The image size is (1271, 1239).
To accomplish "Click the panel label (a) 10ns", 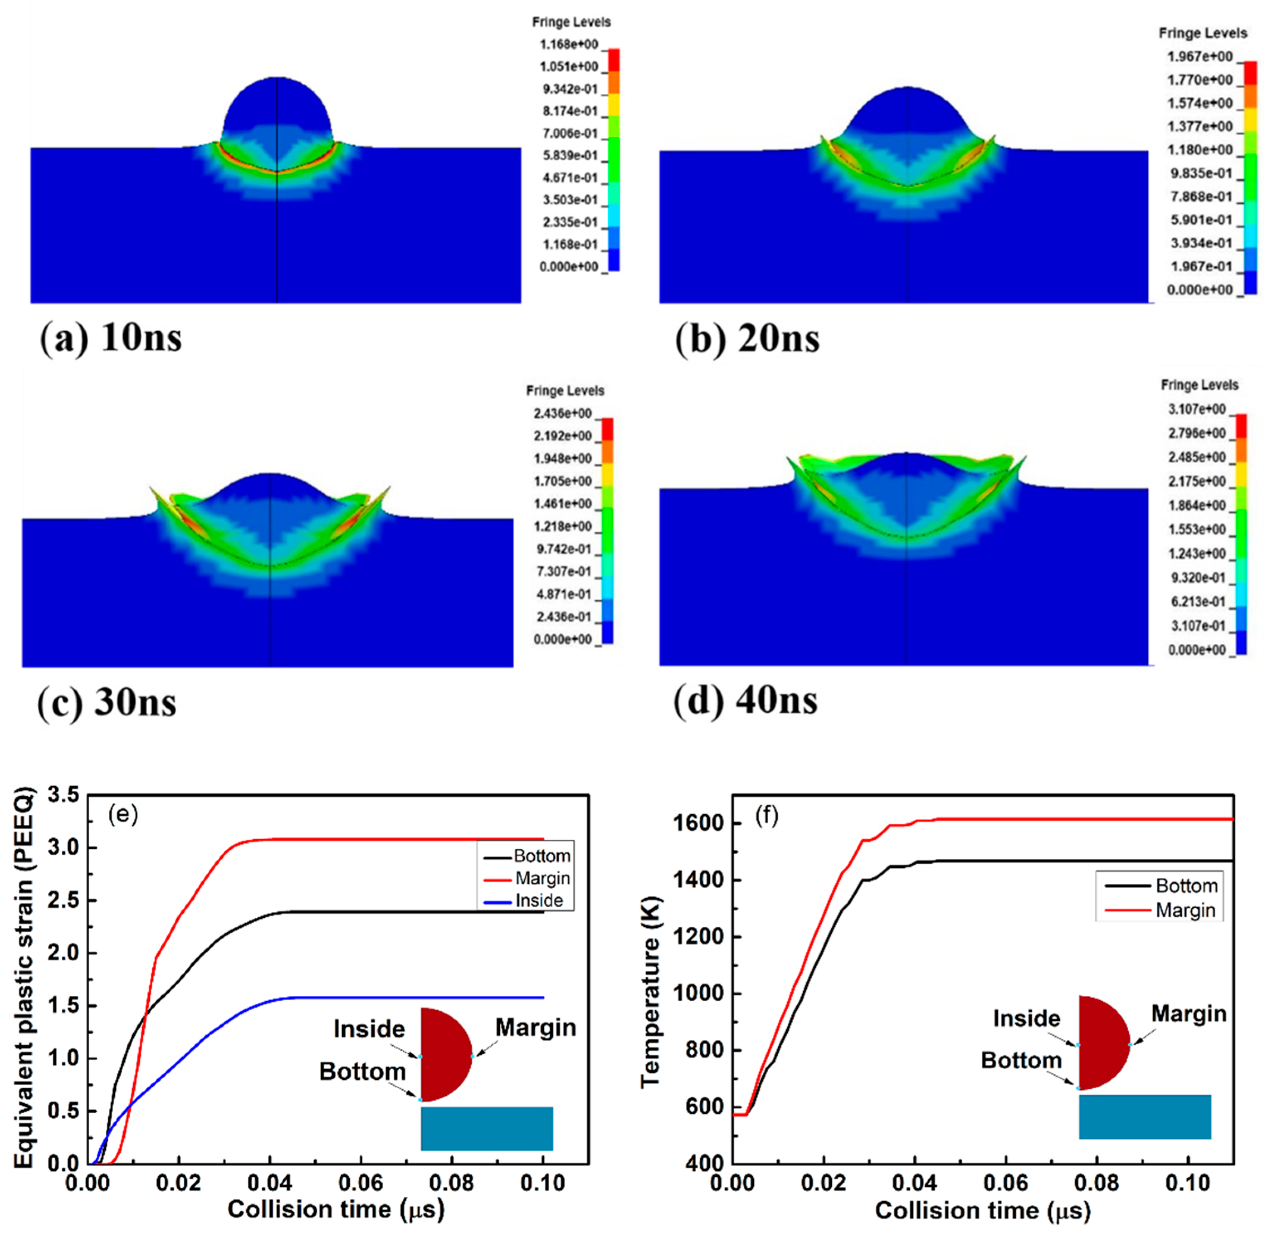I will tap(111, 338).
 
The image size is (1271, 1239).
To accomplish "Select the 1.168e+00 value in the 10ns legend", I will tap(568, 44).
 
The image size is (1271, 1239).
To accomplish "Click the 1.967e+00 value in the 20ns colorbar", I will tap(1199, 56).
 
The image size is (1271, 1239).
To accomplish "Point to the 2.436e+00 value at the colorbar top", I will tap(562, 414).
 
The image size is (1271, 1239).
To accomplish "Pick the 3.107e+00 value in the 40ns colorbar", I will tap(1196, 409).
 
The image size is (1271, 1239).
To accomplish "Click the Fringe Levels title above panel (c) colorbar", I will tap(565, 391).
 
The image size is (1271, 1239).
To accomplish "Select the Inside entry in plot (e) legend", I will tap(538, 901).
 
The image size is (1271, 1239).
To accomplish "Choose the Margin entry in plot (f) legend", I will tap(1185, 910).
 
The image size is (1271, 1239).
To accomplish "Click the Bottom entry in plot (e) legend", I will tap(541, 856).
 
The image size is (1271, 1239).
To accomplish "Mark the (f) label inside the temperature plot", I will tap(766, 815).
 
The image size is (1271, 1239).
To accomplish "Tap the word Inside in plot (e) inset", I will tap(369, 1029).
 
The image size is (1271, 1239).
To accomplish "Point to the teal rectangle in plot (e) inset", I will tap(487, 1129).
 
